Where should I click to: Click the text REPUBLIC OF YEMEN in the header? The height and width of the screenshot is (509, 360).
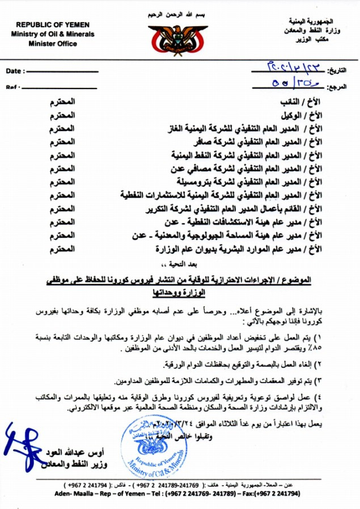click(49, 24)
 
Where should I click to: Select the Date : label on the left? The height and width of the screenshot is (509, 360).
click(16, 71)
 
